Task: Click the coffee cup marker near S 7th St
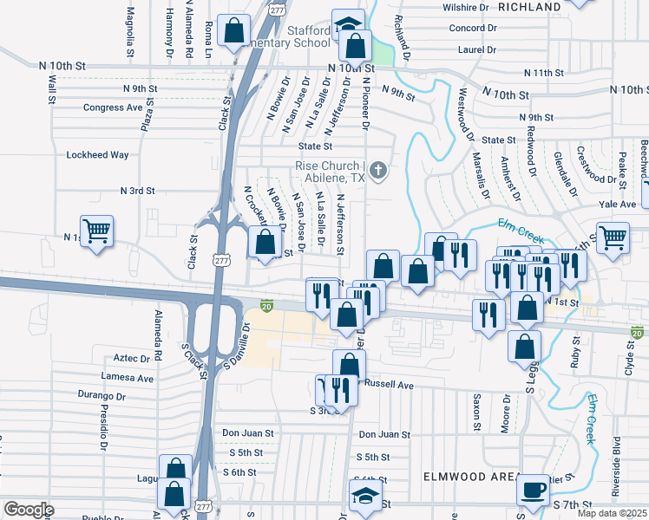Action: point(533,490)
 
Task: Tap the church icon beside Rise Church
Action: point(378,171)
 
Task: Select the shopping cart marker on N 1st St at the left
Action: point(96,231)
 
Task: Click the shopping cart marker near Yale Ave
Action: point(613,237)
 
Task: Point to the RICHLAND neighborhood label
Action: point(531,7)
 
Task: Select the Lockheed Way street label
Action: point(97,155)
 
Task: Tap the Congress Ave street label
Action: point(112,107)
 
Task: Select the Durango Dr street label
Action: point(102,396)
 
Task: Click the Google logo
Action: point(29,510)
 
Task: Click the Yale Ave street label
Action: point(617,205)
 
